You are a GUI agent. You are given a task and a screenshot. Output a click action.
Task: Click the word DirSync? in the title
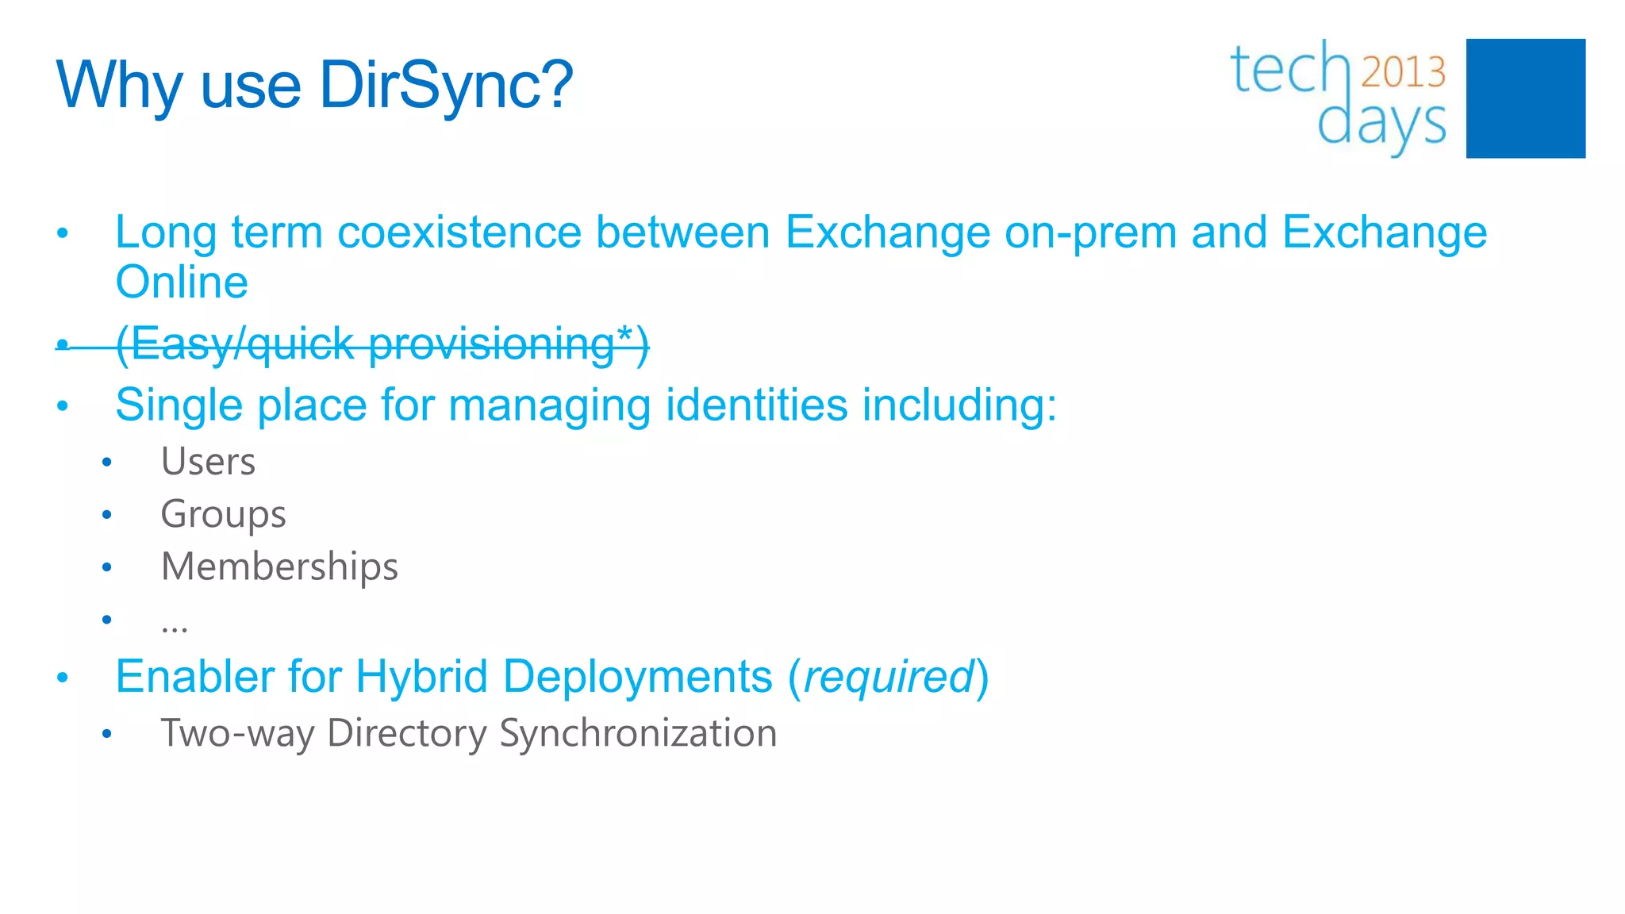click(x=446, y=85)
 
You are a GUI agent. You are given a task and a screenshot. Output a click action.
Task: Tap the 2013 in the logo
click(x=1403, y=72)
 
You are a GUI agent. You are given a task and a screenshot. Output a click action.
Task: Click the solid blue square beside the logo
click(x=1525, y=98)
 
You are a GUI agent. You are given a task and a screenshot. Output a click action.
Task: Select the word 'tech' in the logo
click(x=1289, y=70)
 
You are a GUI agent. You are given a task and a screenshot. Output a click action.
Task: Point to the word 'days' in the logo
click(x=1381, y=125)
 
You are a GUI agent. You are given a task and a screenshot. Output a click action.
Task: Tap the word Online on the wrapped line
click(x=182, y=282)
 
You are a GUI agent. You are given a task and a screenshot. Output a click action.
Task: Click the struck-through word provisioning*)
click(x=509, y=344)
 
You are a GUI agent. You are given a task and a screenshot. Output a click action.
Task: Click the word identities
click(x=756, y=405)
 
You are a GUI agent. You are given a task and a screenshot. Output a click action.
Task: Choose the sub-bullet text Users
click(x=208, y=462)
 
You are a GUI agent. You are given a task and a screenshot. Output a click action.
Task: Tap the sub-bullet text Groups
click(x=223, y=514)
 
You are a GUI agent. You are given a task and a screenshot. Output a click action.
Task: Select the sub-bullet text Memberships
click(x=279, y=566)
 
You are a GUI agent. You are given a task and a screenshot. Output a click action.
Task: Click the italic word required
click(x=889, y=677)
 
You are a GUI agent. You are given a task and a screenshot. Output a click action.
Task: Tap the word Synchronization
click(x=638, y=733)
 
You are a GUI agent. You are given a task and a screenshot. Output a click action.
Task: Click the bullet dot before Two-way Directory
click(x=107, y=734)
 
